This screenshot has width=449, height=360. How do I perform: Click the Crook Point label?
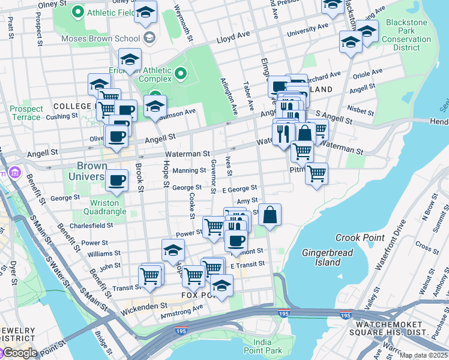360,238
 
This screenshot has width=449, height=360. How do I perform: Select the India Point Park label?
262,346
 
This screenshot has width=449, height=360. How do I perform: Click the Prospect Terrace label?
26,113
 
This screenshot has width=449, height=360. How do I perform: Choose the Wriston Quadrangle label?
100,207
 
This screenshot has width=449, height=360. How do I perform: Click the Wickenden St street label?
146,306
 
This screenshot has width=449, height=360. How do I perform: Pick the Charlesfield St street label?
91,226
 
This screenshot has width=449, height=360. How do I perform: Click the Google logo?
19,353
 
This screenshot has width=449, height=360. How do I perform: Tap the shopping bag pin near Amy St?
270,215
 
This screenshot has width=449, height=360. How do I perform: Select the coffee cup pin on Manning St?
116,179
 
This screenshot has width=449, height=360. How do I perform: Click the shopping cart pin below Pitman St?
316,174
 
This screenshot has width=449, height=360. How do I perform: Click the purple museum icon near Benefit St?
14,175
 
